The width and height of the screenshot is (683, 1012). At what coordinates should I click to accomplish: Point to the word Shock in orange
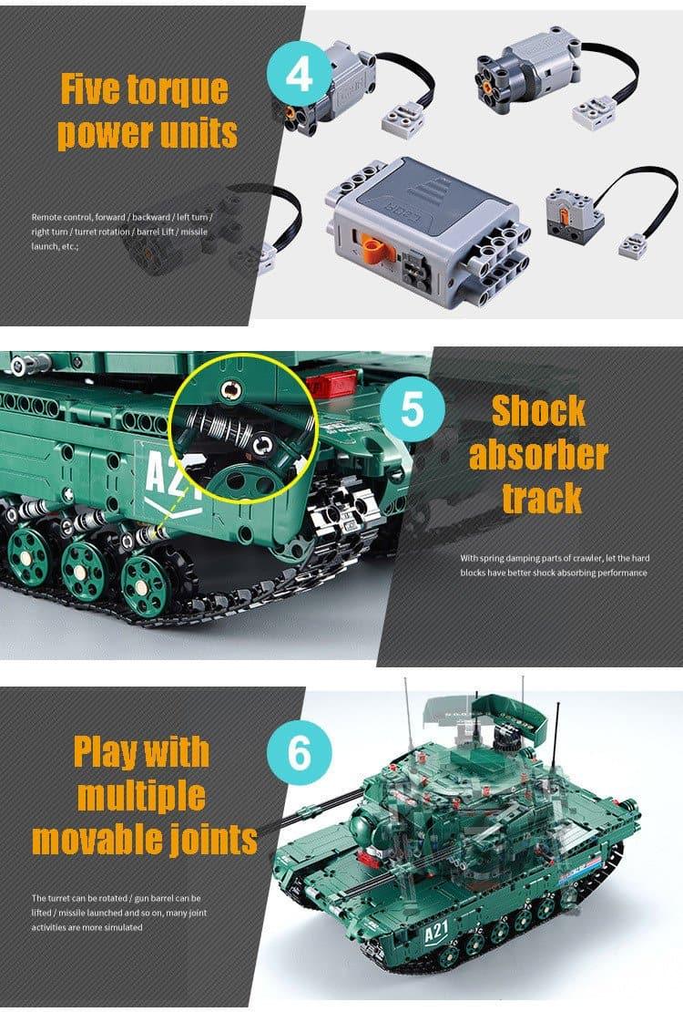[538, 410]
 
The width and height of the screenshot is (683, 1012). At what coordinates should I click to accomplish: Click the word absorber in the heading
[538, 454]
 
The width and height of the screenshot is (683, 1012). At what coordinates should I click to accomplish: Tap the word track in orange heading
[541, 498]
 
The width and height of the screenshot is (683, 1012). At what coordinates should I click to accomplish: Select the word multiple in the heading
[142, 795]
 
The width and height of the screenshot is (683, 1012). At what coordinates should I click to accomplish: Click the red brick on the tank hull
[329, 384]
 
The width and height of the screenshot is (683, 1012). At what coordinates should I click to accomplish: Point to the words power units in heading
[147, 133]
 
